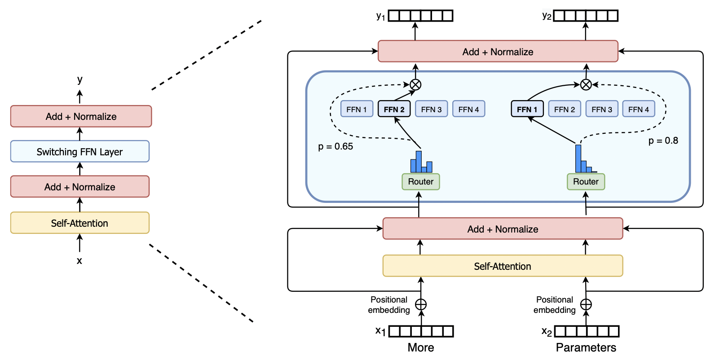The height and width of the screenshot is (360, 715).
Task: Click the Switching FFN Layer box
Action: pos(80,152)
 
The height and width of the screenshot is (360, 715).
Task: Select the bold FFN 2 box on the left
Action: pos(394,109)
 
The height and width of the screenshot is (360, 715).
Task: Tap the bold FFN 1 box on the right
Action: pos(527,109)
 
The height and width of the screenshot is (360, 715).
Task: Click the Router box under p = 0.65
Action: pos(420,182)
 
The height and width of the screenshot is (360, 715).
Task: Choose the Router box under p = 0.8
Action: pos(586,182)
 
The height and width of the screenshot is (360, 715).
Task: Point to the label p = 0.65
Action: pos(335,146)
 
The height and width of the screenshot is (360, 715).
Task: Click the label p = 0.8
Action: pos(663,140)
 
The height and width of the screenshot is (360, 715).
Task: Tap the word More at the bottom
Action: pos(421,347)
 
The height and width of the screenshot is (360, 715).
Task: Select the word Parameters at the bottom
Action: pos(586,347)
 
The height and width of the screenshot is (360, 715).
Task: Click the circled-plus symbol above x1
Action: pos(421,305)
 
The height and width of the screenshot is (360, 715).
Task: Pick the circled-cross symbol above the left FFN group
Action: pos(415,84)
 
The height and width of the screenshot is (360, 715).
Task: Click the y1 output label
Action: pos(381,17)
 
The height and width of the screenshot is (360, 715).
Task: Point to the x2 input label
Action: pos(547,332)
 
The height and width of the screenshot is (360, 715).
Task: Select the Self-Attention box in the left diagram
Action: pos(80,223)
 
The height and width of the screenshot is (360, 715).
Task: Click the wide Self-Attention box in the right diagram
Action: pos(503,266)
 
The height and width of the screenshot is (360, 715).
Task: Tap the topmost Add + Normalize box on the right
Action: pos(498,52)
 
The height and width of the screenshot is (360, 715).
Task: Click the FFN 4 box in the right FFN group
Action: pos(638,109)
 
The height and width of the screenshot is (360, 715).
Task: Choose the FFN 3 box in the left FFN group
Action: pos(431,109)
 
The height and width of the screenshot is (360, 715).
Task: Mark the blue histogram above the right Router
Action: pos(584,160)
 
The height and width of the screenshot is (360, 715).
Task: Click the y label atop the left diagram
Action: pos(79,80)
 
